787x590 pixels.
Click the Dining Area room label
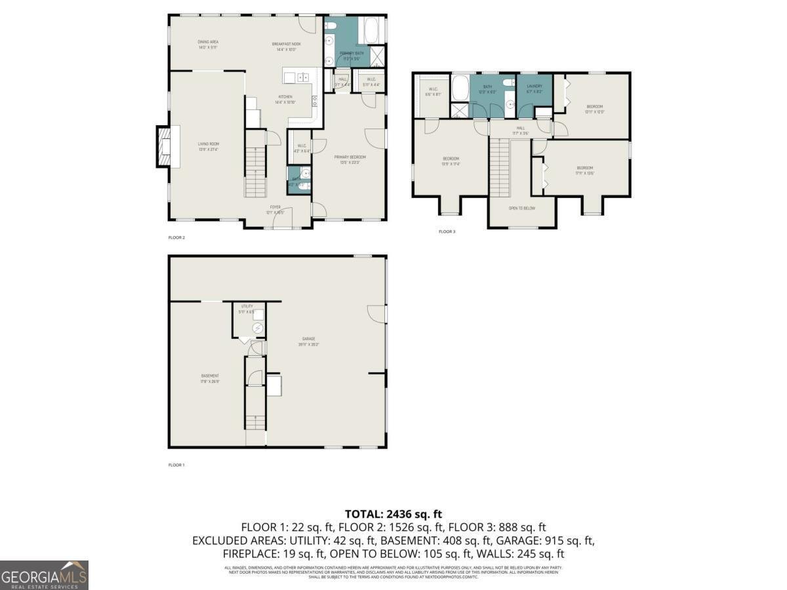pos(208,44)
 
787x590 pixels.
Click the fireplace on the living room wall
pos(163,146)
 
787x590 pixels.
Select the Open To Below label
pos(522,208)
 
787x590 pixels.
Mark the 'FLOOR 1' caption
pos(176,465)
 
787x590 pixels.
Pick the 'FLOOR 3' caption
pos(447,231)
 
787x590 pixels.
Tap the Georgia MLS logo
pos(44,575)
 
